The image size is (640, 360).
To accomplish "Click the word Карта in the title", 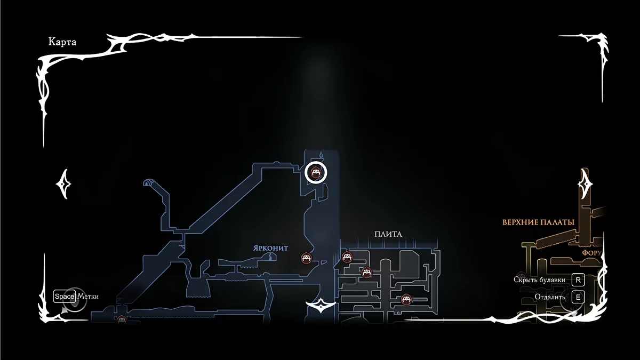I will point(62,42).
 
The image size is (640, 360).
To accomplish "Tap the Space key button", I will point(65,297).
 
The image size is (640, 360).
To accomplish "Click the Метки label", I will point(88,297).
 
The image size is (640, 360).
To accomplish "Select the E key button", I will point(578,297).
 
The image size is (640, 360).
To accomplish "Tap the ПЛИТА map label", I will point(388,234).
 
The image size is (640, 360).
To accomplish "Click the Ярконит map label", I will point(271,249).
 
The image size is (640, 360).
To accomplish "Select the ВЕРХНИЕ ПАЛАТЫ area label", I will point(538,222).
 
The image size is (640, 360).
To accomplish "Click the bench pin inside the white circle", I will point(315,172).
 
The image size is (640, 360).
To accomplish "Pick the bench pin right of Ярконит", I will point(306,258).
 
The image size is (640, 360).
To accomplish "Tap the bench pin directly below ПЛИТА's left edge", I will point(347,258).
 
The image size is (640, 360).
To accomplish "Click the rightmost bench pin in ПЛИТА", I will point(406,299).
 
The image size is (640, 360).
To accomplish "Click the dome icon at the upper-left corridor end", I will point(148,183).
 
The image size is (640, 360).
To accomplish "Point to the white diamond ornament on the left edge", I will point(63,184).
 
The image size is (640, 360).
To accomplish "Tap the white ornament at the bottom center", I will point(320,307).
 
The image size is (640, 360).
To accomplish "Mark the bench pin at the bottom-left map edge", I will point(122,320).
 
